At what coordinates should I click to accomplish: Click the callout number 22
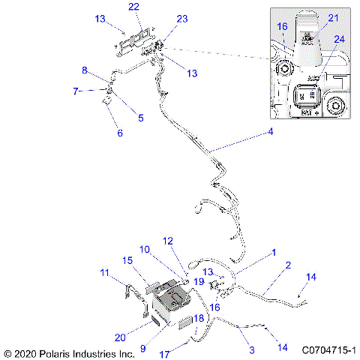pyautogui.click(x=133, y=7)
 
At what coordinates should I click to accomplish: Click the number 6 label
pyautogui.click(x=118, y=133)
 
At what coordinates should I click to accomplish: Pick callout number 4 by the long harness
pyautogui.click(x=271, y=133)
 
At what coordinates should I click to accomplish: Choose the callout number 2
pyautogui.click(x=287, y=265)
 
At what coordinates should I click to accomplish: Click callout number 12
pyautogui.click(x=168, y=241)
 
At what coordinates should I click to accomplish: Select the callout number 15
pyautogui.click(x=127, y=260)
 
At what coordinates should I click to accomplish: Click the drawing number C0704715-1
pyautogui.click(x=328, y=350)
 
